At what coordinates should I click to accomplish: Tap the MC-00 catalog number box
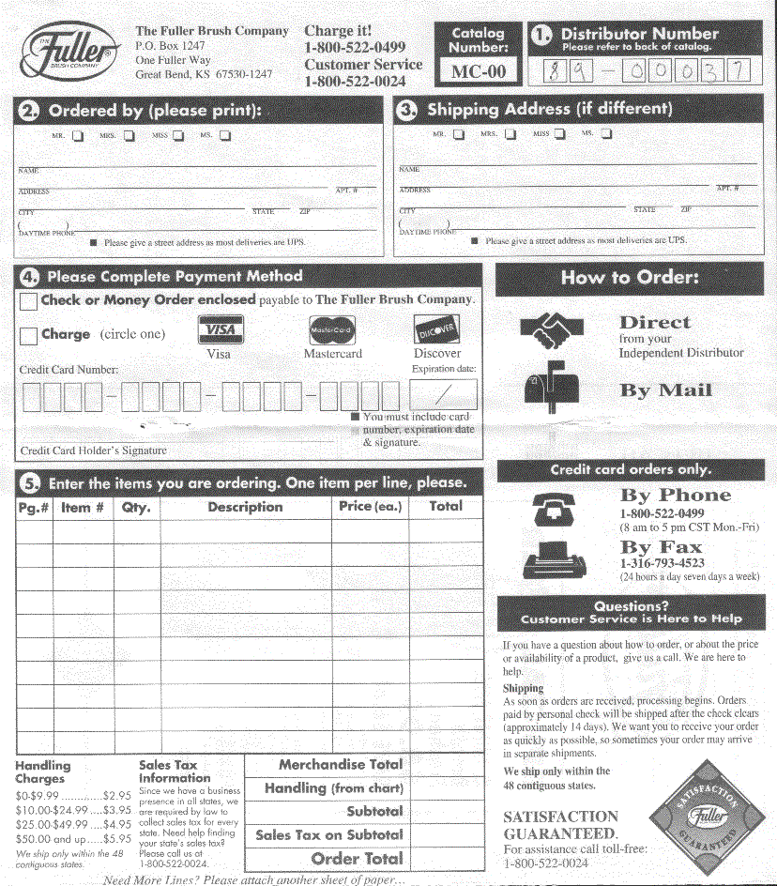click(x=478, y=71)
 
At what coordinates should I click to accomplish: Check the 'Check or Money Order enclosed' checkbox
click(x=28, y=301)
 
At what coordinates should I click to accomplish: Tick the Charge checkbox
click(x=28, y=335)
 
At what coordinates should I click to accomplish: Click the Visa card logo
click(x=220, y=330)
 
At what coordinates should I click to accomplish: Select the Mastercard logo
click(x=332, y=330)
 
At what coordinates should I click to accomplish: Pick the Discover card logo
click(x=436, y=330)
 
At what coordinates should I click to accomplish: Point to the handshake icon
click(x=553, y=329)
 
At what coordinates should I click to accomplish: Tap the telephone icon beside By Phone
click(x=553, y=507)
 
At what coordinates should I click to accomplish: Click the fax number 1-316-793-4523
click(x=662, y=563)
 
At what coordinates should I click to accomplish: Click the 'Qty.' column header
click(x=136, y=507)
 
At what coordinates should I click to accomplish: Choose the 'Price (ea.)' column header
click(x=370, y=507)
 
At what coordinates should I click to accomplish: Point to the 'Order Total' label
click(x=357, y=858)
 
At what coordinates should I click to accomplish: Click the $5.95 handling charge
click(x=117, y=839)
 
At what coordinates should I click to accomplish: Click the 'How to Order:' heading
click(x=630, y=278)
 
